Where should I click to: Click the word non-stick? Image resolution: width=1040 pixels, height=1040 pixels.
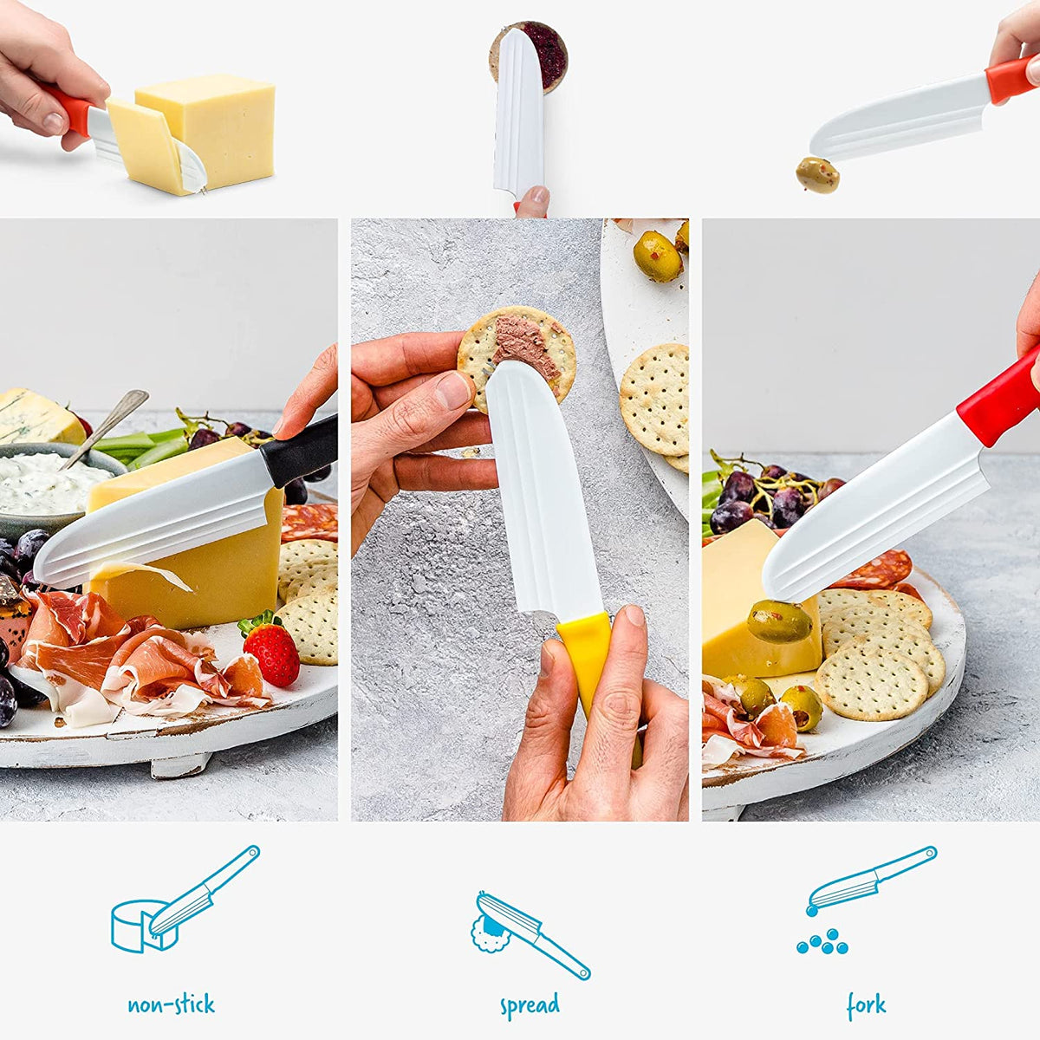point(171,1005)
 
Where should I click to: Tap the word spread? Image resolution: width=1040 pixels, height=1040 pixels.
point(530,1006)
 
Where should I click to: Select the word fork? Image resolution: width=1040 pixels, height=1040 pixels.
point(866,1005)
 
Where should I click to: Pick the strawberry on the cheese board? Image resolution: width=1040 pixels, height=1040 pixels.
point(272,652)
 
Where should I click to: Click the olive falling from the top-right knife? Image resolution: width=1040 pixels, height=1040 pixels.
point(817,175)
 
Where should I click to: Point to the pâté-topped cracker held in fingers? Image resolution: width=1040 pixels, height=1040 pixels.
point(517,347)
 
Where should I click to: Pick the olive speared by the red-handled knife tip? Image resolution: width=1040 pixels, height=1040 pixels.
point(779,621)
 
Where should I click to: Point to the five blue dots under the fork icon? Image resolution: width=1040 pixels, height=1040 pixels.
point(823,942)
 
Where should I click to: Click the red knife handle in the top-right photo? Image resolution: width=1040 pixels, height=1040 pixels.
point(1010,78)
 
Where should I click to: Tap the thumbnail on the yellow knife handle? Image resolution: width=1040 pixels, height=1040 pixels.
point(635,617)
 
